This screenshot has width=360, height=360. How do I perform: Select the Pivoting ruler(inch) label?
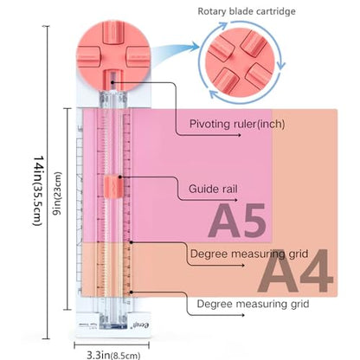pyautogui.click(x=237, y=124)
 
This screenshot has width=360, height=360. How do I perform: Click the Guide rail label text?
pyautogui.click(x=213, y=189)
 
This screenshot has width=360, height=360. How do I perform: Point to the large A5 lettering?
pyautogui.click(x=237, y=221)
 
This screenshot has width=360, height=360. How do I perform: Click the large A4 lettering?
pyautogui.click(x=296, y=270)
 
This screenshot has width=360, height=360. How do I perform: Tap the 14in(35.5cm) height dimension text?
pyautogui.click(x=38, y=191)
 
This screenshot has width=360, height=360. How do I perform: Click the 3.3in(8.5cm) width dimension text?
pyautogui.click(x=113, y=355)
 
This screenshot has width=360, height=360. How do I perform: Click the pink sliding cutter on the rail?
pyautogui.click(x=113, y=187)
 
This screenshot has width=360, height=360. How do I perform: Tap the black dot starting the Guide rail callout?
pyautogui.click(x=120, y=177)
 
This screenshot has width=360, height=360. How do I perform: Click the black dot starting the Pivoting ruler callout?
pyautogui.click(x=112, y=83)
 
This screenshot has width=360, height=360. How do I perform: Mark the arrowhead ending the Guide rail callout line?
pyautogui.click(x=236, y=200)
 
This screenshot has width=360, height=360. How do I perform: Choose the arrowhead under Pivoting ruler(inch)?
pyautogui.click(x=239, y=135)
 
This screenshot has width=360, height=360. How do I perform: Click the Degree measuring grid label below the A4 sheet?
pyautogui.click(x=253, y=304)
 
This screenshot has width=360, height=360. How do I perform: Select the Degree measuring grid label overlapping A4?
pyautogui.click(x=249, y=254)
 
